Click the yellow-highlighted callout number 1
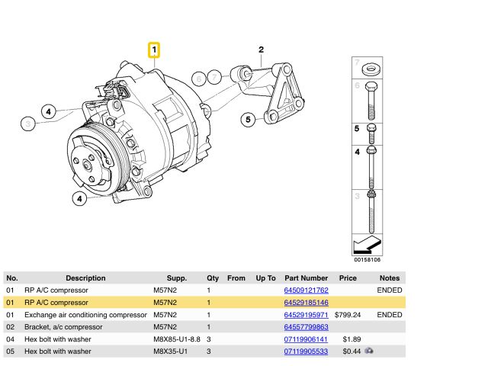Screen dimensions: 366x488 tap(154, 51)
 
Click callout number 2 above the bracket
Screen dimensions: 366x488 tap(261, 50)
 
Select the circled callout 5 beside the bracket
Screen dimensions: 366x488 tap(247, 119)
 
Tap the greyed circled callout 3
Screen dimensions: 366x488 tap(28, 123)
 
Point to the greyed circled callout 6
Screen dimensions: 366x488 tap(199, 78)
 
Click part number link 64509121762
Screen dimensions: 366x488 tap(305, 291)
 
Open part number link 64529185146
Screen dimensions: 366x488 tap(305, 303)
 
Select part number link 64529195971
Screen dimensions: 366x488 tap(305, 315)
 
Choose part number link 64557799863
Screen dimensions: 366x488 tap(305, 327)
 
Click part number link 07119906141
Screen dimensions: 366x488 tap(305, 339)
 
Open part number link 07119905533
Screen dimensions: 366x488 tap(305, 352)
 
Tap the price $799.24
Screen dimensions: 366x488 tap(347, 315)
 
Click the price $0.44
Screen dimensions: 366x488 tap(350, 352)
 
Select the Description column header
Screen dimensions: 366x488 tap(85, 278)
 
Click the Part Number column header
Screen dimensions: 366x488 tap(305, 278)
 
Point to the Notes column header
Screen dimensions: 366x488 tap(390, 278)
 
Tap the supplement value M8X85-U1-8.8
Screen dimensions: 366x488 tap(178, 339)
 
